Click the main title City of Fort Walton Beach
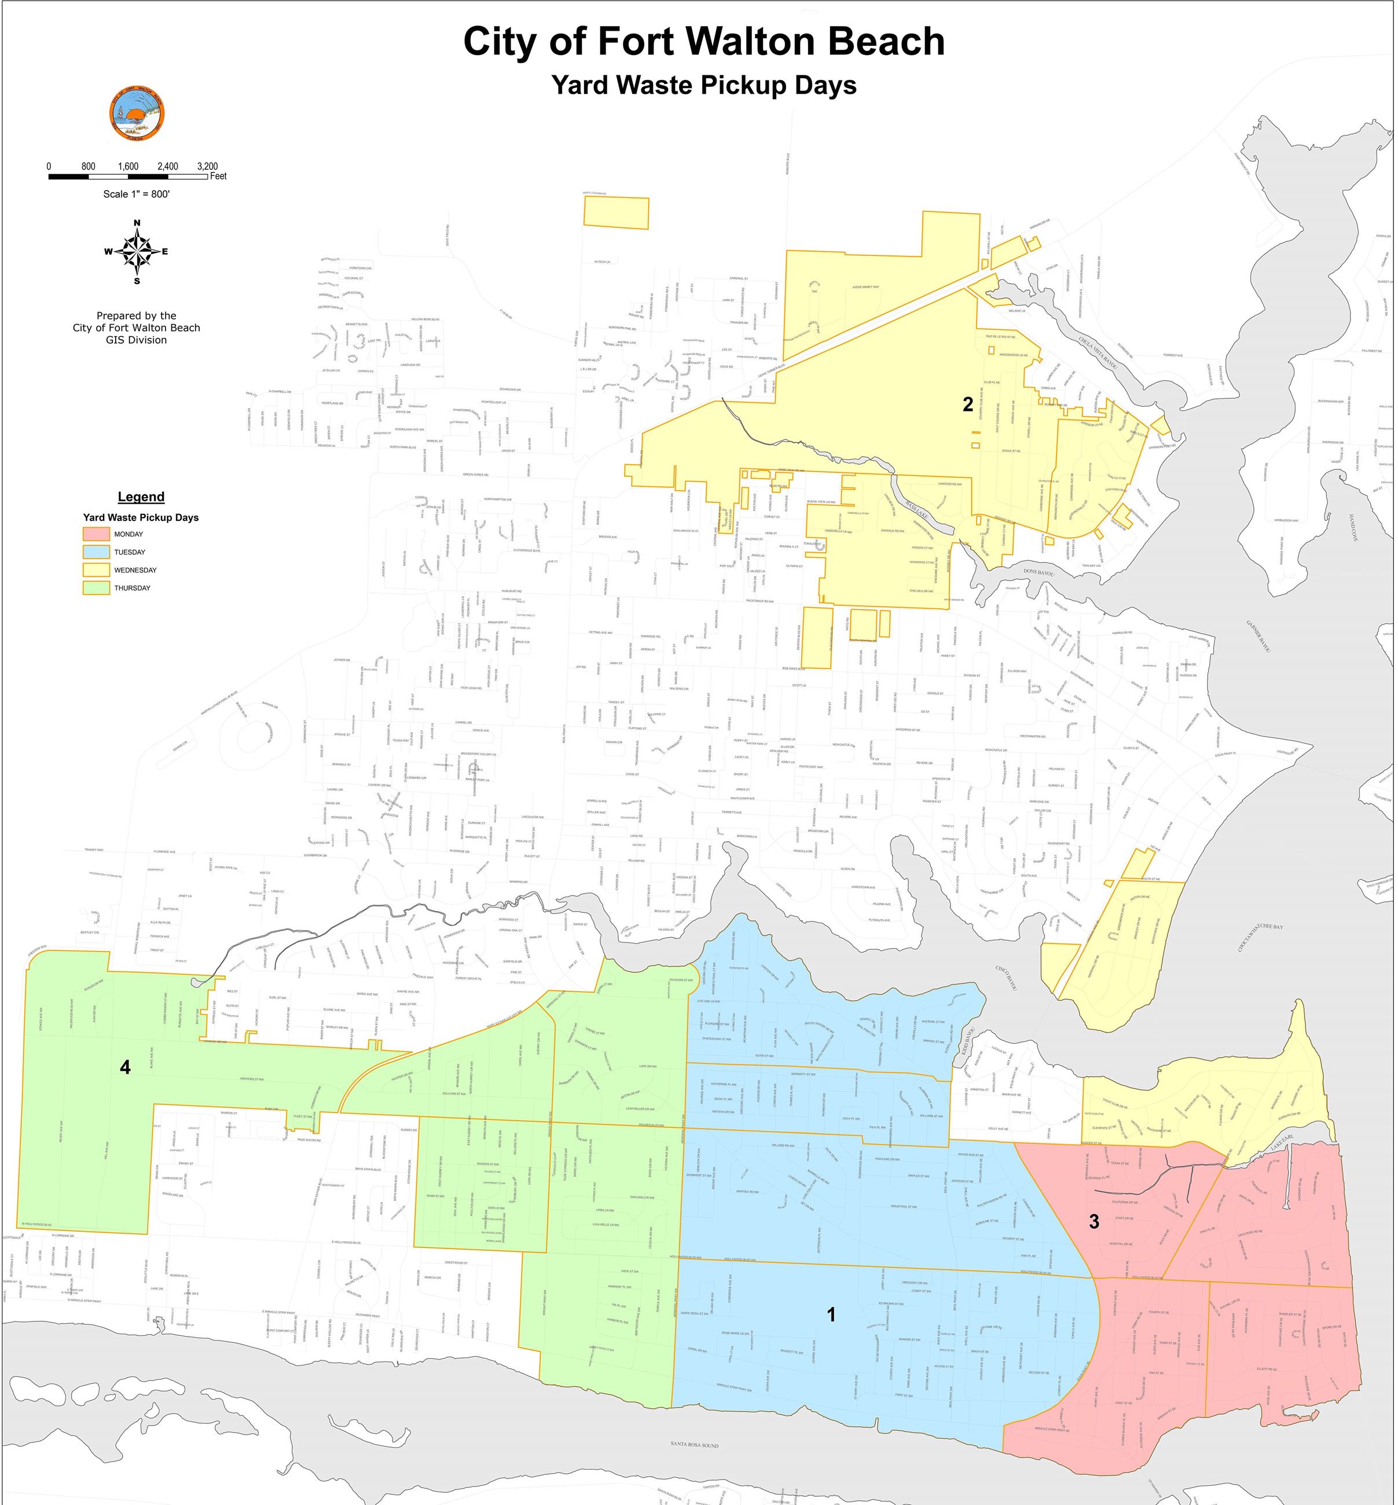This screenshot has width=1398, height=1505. tap(703, 42)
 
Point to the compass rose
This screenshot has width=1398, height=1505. tap(137, 252)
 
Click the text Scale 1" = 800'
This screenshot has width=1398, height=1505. tap(136, 194)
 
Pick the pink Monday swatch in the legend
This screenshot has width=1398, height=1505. tap(96, 534)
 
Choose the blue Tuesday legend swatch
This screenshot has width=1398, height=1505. tap(96, 552)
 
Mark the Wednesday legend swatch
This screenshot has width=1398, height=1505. tap(96, 570)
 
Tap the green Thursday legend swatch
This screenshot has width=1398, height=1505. tap(96, 588)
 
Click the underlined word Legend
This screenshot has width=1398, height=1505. tap(141, 497)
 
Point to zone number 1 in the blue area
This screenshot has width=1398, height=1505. tap(831, 1315)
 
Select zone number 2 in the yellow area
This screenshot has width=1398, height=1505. tap(967, 405)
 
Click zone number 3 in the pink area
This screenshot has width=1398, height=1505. tap(1094, 1221)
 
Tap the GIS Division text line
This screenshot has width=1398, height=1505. tap(136, 340)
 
